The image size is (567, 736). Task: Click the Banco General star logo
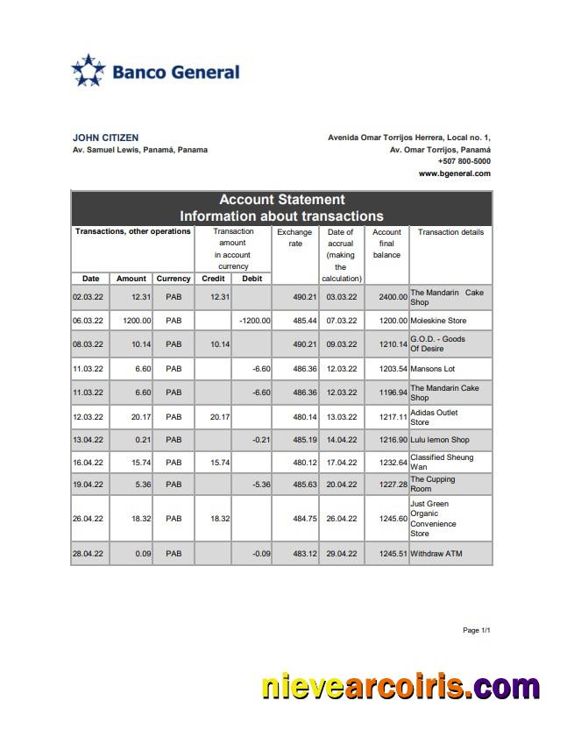pos(88,71)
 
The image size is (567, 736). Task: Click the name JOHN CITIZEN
pos(105,138)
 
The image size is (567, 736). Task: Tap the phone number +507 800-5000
pos(464,161)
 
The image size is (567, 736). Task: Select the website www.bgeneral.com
pos(454,173)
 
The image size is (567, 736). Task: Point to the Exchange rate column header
pos(294,237)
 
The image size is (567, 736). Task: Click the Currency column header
pos(174,279)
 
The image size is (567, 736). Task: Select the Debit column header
pos(252,279)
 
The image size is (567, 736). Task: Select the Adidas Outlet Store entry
pos(434,417)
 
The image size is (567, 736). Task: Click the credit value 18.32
pos(219,519)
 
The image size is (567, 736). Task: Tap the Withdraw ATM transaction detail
pos(436,554)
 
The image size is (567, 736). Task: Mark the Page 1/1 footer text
pos(476,630)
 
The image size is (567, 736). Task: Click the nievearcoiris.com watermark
pos(400,687)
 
